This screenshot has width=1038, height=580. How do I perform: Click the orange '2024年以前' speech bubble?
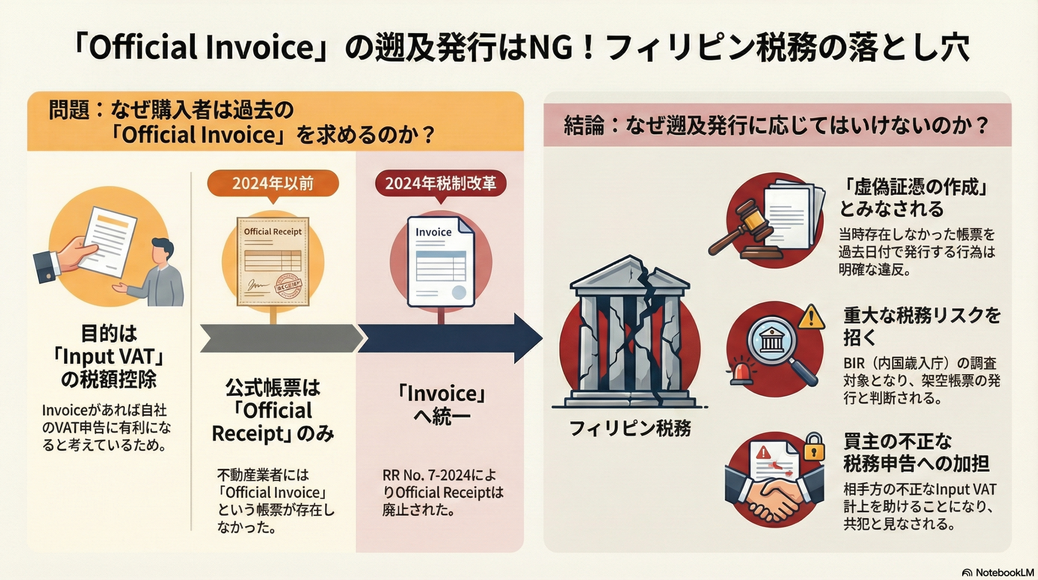(x=272, y=184)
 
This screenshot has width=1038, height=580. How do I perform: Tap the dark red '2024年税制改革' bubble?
(x=440, y=184)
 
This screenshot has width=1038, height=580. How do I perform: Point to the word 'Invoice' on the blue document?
(x=433, y=232)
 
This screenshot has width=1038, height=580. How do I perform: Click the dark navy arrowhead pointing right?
(x=527, y=338)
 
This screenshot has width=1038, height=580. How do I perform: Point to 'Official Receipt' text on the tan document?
(x=272, y=232)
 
